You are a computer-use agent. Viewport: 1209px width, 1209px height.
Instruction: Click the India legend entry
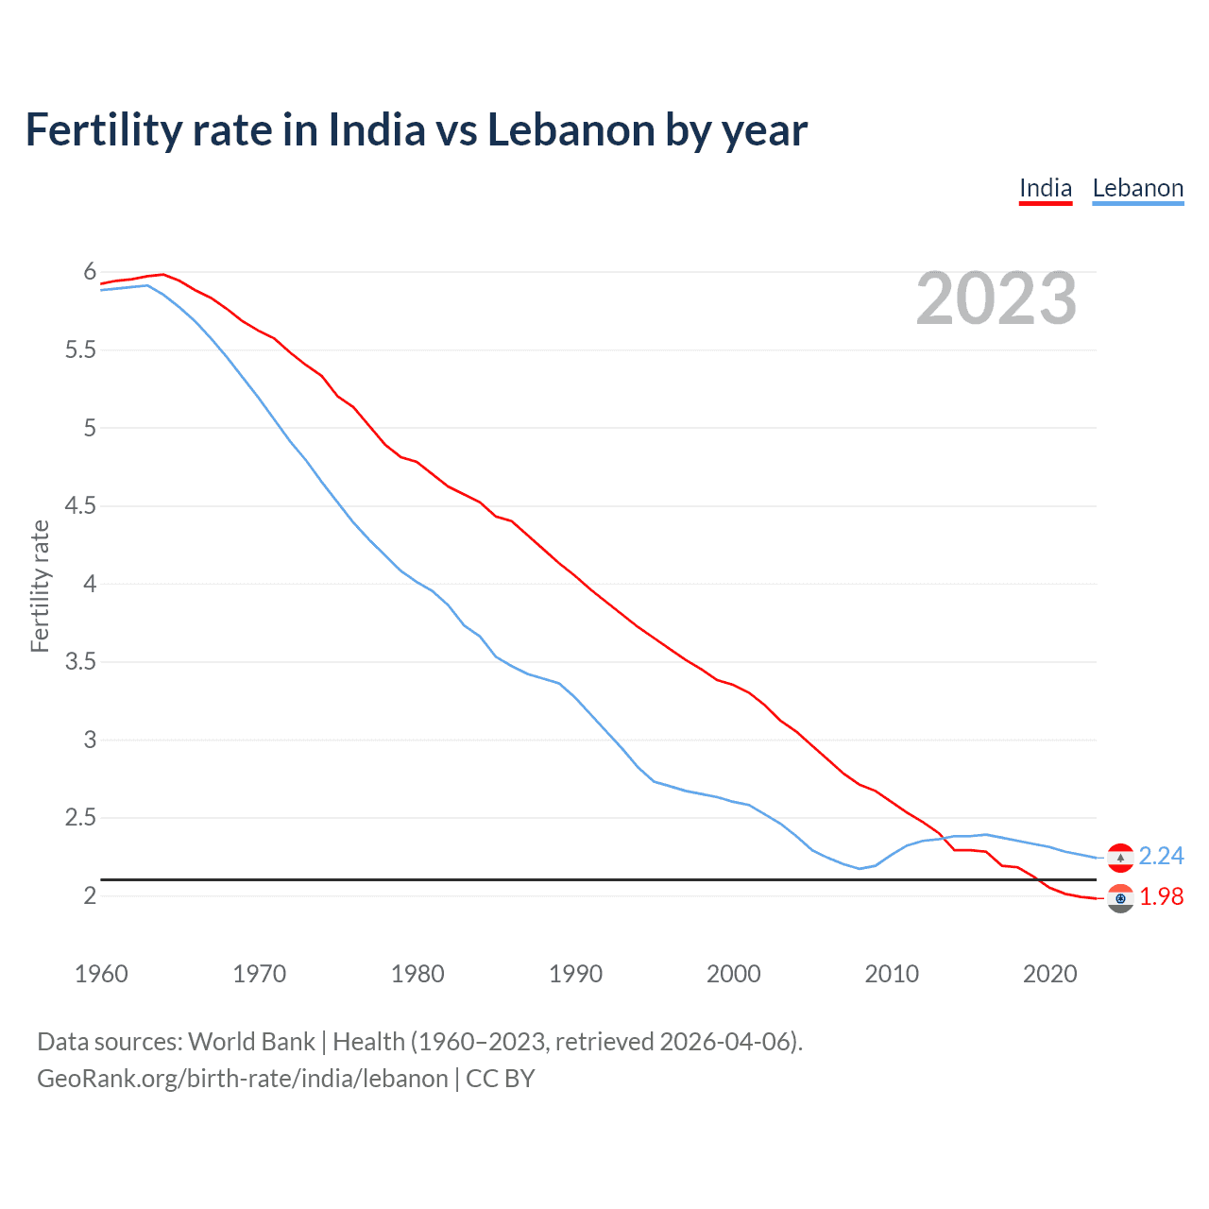pyautogui.click(x=1046, y=188)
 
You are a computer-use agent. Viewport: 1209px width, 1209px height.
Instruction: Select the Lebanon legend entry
pyautogui.click(x=1137, y=188)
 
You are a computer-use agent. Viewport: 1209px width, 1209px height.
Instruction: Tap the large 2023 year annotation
pyautogui.click(x=996, y=298)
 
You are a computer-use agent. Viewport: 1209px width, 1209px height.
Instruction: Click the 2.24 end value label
pyautogui.click(x=1161, y=856)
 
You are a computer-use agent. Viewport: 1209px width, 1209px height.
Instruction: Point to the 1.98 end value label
pyautogui.click(x=1161, y=896)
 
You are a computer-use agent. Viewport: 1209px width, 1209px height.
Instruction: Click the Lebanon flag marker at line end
pyautogui.click(x=1120, y=857)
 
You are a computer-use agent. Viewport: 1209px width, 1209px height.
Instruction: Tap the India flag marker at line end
pyautogui.click(x=1120, y=898)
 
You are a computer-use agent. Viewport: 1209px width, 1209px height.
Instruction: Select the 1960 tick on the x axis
pyautogui.click(x=101, y=974)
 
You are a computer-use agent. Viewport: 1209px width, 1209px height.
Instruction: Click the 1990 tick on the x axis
pyautogui.click(x=575, y=974)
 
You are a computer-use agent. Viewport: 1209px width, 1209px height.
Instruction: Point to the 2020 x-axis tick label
pyautogui.click(x=1049, y=974)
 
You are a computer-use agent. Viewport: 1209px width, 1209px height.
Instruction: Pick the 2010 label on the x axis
pyautogui.click(x=892, y=974)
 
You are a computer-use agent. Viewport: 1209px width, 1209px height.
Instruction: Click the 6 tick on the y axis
pyautogui.click(x=91, y=272)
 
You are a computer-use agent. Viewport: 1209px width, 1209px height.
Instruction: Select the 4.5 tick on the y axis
pyautogui.click(x=81, y=506)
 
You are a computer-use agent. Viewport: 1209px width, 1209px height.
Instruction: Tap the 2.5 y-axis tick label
pyautogui.click(x=81, y=818)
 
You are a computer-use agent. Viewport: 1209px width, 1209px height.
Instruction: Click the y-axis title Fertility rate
pyautogui.click(x=40, y=586)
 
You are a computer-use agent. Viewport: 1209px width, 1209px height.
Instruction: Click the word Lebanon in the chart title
pyautogui.click(x=570, y=130)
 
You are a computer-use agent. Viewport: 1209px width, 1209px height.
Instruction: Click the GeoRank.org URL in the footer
pyautogui.click(x=242, y=1079)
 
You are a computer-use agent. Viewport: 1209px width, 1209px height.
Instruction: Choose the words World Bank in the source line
pyautogui.click(x=251, y=1042)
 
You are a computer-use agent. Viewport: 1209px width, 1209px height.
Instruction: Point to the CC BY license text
pyautogui.click(x=501, y=1079)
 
